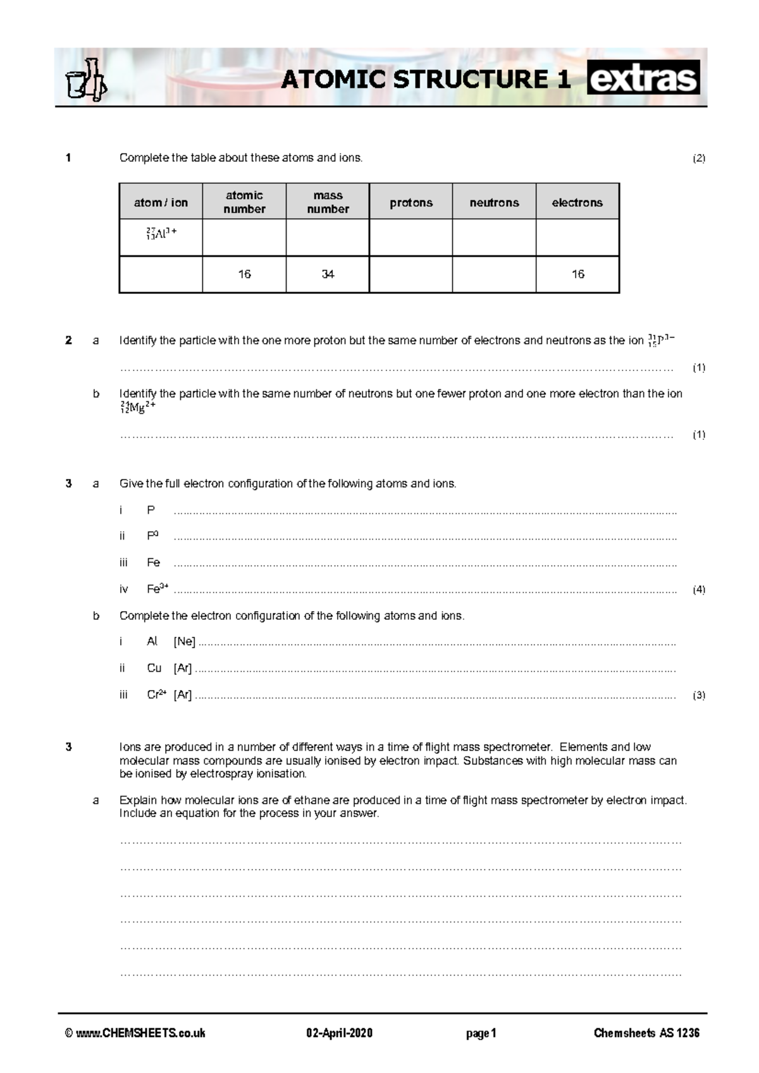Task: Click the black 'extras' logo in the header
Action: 643,78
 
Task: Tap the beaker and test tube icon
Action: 86,80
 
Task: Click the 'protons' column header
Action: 411,202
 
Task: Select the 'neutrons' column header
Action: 494,202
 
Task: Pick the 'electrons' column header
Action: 577,202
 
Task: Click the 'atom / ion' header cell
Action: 161,202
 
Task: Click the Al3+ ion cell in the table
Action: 161,234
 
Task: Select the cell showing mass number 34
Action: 328,274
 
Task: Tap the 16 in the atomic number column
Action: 244,274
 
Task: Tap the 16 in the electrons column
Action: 577,274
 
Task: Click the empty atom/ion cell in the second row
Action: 161,274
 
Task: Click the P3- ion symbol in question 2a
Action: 661,340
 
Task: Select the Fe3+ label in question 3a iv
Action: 157,589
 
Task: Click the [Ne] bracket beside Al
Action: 184,641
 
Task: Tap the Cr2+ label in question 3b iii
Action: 156,694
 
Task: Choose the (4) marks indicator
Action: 698,590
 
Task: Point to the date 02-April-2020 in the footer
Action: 340,1033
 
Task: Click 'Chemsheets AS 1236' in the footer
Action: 646,1033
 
